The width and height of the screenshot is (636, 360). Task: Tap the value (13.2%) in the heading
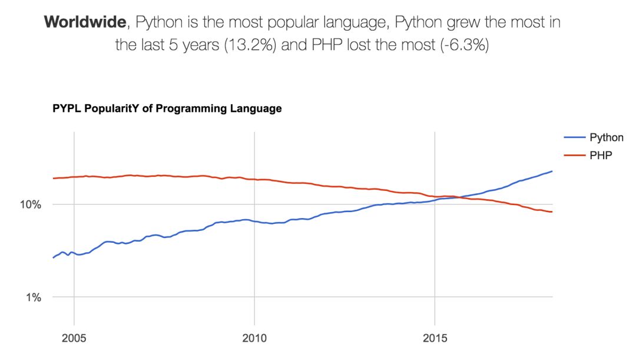[x=246, y=45]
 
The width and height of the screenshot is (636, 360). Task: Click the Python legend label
[x=606, y=138]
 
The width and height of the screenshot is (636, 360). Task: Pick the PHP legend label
[x=599, y=155]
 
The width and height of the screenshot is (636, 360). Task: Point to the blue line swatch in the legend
[x=575, y=138]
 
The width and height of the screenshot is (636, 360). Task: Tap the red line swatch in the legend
[x=575, y=155]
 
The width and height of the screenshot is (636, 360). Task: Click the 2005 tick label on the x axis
[x=74, y=339]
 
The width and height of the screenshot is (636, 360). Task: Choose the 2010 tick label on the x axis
[x=254, y=339]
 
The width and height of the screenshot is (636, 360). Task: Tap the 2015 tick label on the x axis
[x=435, y=339]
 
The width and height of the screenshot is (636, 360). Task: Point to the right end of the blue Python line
[x=552, y=171]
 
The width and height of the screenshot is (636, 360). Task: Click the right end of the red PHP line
[x=552, y=212]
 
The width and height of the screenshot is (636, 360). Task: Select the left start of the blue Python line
[x=54, y=257]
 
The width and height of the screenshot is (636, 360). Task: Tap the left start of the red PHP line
[x=54, y=178]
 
